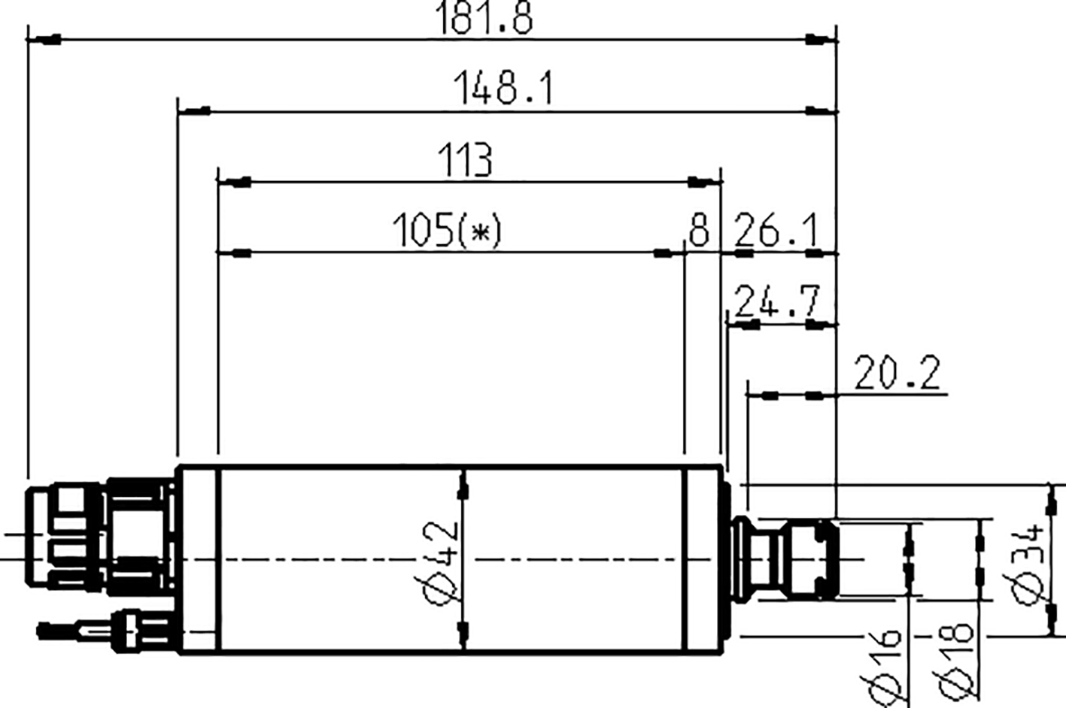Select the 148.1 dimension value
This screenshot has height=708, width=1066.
coord(503,89)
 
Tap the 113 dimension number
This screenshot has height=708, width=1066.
coord(466,160)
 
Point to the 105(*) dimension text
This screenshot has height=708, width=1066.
coord(445,230)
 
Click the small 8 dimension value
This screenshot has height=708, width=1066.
coord(699,230)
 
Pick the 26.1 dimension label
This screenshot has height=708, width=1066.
coord(775,231)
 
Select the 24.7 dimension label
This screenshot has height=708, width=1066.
coord(776,301)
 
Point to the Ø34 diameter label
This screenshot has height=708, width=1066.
coord(1028,563)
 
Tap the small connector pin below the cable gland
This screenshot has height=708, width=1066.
coord(75,629)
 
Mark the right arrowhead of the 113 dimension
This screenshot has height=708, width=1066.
coord(700,182)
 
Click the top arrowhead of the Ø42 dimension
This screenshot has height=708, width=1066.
coord(463,490)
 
